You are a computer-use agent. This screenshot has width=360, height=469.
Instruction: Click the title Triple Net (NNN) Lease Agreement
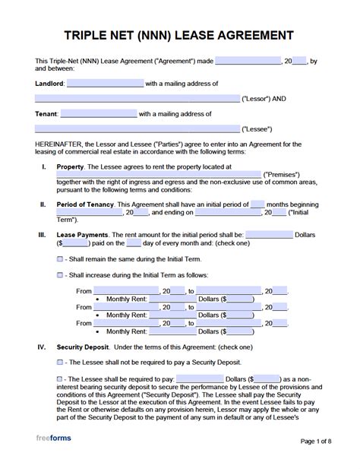pyautogui.click(x=180, y=35)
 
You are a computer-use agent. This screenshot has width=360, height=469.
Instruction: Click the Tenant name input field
pyautogui.click(x=99, y=114)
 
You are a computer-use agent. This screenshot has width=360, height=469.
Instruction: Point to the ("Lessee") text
pyautogui.click(x=257, y=129)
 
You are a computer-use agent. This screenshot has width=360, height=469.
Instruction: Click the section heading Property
pyautogui.click(x=70, y=166)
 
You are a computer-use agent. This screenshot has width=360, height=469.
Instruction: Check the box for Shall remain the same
pyautogui.click(x=61, y=259)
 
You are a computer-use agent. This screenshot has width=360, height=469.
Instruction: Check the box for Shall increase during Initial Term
pyautogui.click(x=61, y=274)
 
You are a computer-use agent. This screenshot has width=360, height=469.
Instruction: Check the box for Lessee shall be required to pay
pyautogui.click(x=61, y=379)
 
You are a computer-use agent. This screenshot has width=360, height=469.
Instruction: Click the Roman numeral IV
pyautogui.click(x=43, y=347)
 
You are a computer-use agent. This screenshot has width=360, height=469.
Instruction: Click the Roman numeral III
pyautogui.click(x=43, y=235)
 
